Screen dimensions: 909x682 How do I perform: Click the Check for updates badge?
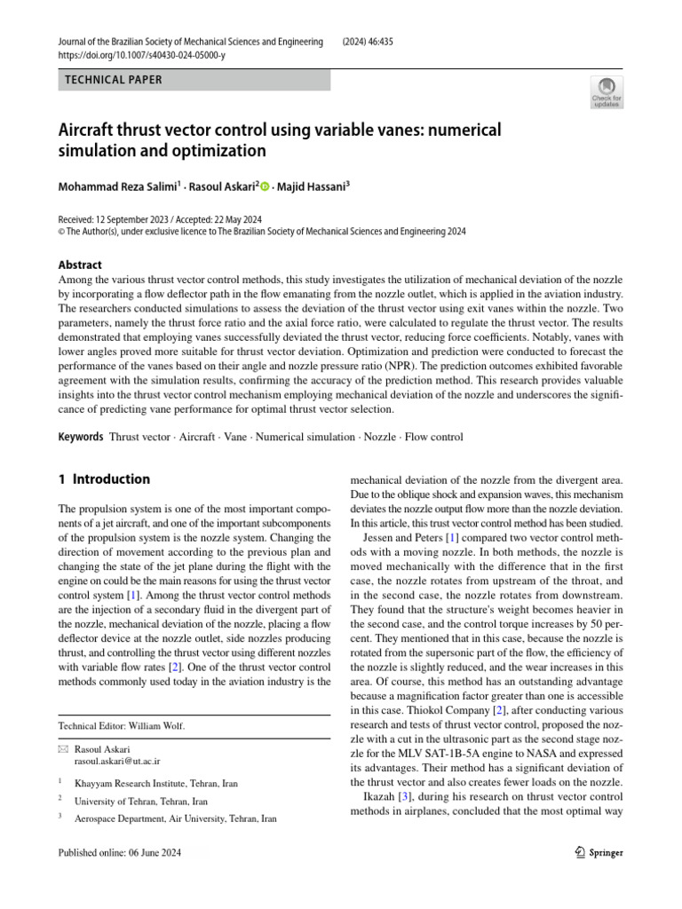[607, 91]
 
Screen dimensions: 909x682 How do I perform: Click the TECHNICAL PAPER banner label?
[115, 80]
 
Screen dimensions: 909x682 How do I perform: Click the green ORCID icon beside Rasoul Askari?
[264, 186]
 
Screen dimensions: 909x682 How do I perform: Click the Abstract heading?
[80, 265]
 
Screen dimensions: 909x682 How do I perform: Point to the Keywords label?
[81, 437]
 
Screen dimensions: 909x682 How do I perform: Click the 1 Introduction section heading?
[104, 479]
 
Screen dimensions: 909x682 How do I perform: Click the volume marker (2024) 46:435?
[375, 42]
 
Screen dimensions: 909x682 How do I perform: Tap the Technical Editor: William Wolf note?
[121, 725]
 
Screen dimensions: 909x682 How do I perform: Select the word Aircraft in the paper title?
[92, 130]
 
